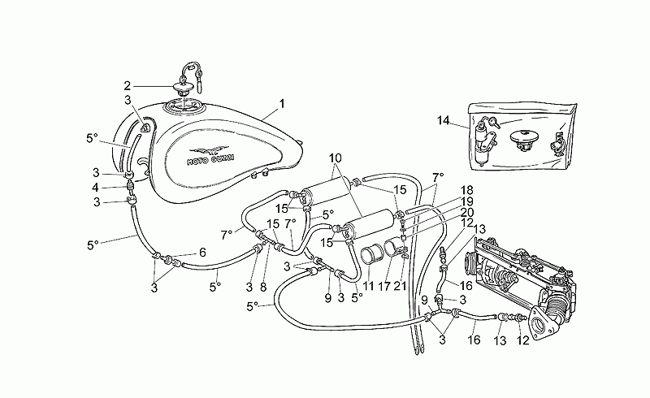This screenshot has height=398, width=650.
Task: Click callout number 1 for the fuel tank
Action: pos(282,104)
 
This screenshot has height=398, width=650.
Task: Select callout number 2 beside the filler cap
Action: pos(128,86)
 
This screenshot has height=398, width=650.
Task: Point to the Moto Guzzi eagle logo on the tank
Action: pos(209,150)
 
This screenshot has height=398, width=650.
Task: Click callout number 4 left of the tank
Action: pos(96,188)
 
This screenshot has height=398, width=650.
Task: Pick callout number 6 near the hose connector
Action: pos(202,253)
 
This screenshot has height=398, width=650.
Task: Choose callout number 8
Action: pos(262,287)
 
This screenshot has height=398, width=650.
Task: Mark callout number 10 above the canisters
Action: pos(336,158)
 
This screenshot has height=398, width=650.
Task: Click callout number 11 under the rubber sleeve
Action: pos(368,286)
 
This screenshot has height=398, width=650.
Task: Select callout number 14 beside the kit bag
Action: pos(443,121)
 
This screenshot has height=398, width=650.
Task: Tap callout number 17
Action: pos(384,286)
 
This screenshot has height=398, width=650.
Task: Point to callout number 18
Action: pos(466,190)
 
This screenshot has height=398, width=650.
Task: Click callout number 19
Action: pos(466,202)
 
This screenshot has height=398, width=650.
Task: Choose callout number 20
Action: pos(467,213)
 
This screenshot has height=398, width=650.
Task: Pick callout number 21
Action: pos(400,286)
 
